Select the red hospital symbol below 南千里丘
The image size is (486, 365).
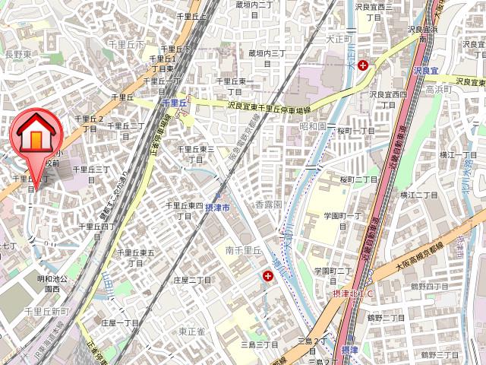[x=268, y=278]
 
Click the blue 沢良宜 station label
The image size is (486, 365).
[x=428, y=70]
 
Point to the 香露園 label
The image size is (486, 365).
[x=268, y=205]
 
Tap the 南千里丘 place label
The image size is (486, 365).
[x=243, y=250]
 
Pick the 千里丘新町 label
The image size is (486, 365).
[x=46, y=312]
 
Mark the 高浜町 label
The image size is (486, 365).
[x=438, y=89]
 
